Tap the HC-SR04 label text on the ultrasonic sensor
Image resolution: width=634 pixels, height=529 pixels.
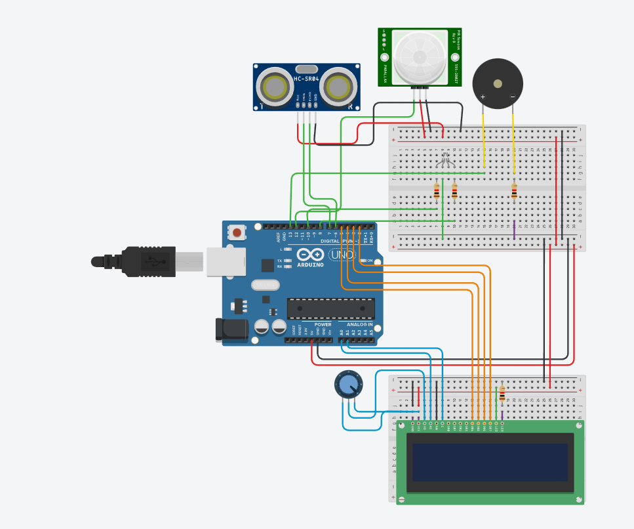(307, 79)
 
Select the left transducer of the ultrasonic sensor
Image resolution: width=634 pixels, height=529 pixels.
(274, 87)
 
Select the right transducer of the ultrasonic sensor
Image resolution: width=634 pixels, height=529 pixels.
(338, 87)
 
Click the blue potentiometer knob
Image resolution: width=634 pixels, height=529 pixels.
(348, 385)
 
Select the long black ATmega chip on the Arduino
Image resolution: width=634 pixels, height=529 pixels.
(331, 308)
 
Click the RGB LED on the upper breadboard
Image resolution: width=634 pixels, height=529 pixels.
(445, 157)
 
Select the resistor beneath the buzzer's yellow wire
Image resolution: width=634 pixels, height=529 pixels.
(514, 191)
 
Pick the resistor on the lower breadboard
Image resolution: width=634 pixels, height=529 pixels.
(502, 393)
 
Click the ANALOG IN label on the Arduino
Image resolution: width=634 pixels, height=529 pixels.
(359, 324)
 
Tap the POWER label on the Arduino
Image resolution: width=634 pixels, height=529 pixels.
(323, 324)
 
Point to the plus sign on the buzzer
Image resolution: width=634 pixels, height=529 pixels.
(483, 97)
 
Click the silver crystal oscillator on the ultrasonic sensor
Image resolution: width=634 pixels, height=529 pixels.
(306, 68)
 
